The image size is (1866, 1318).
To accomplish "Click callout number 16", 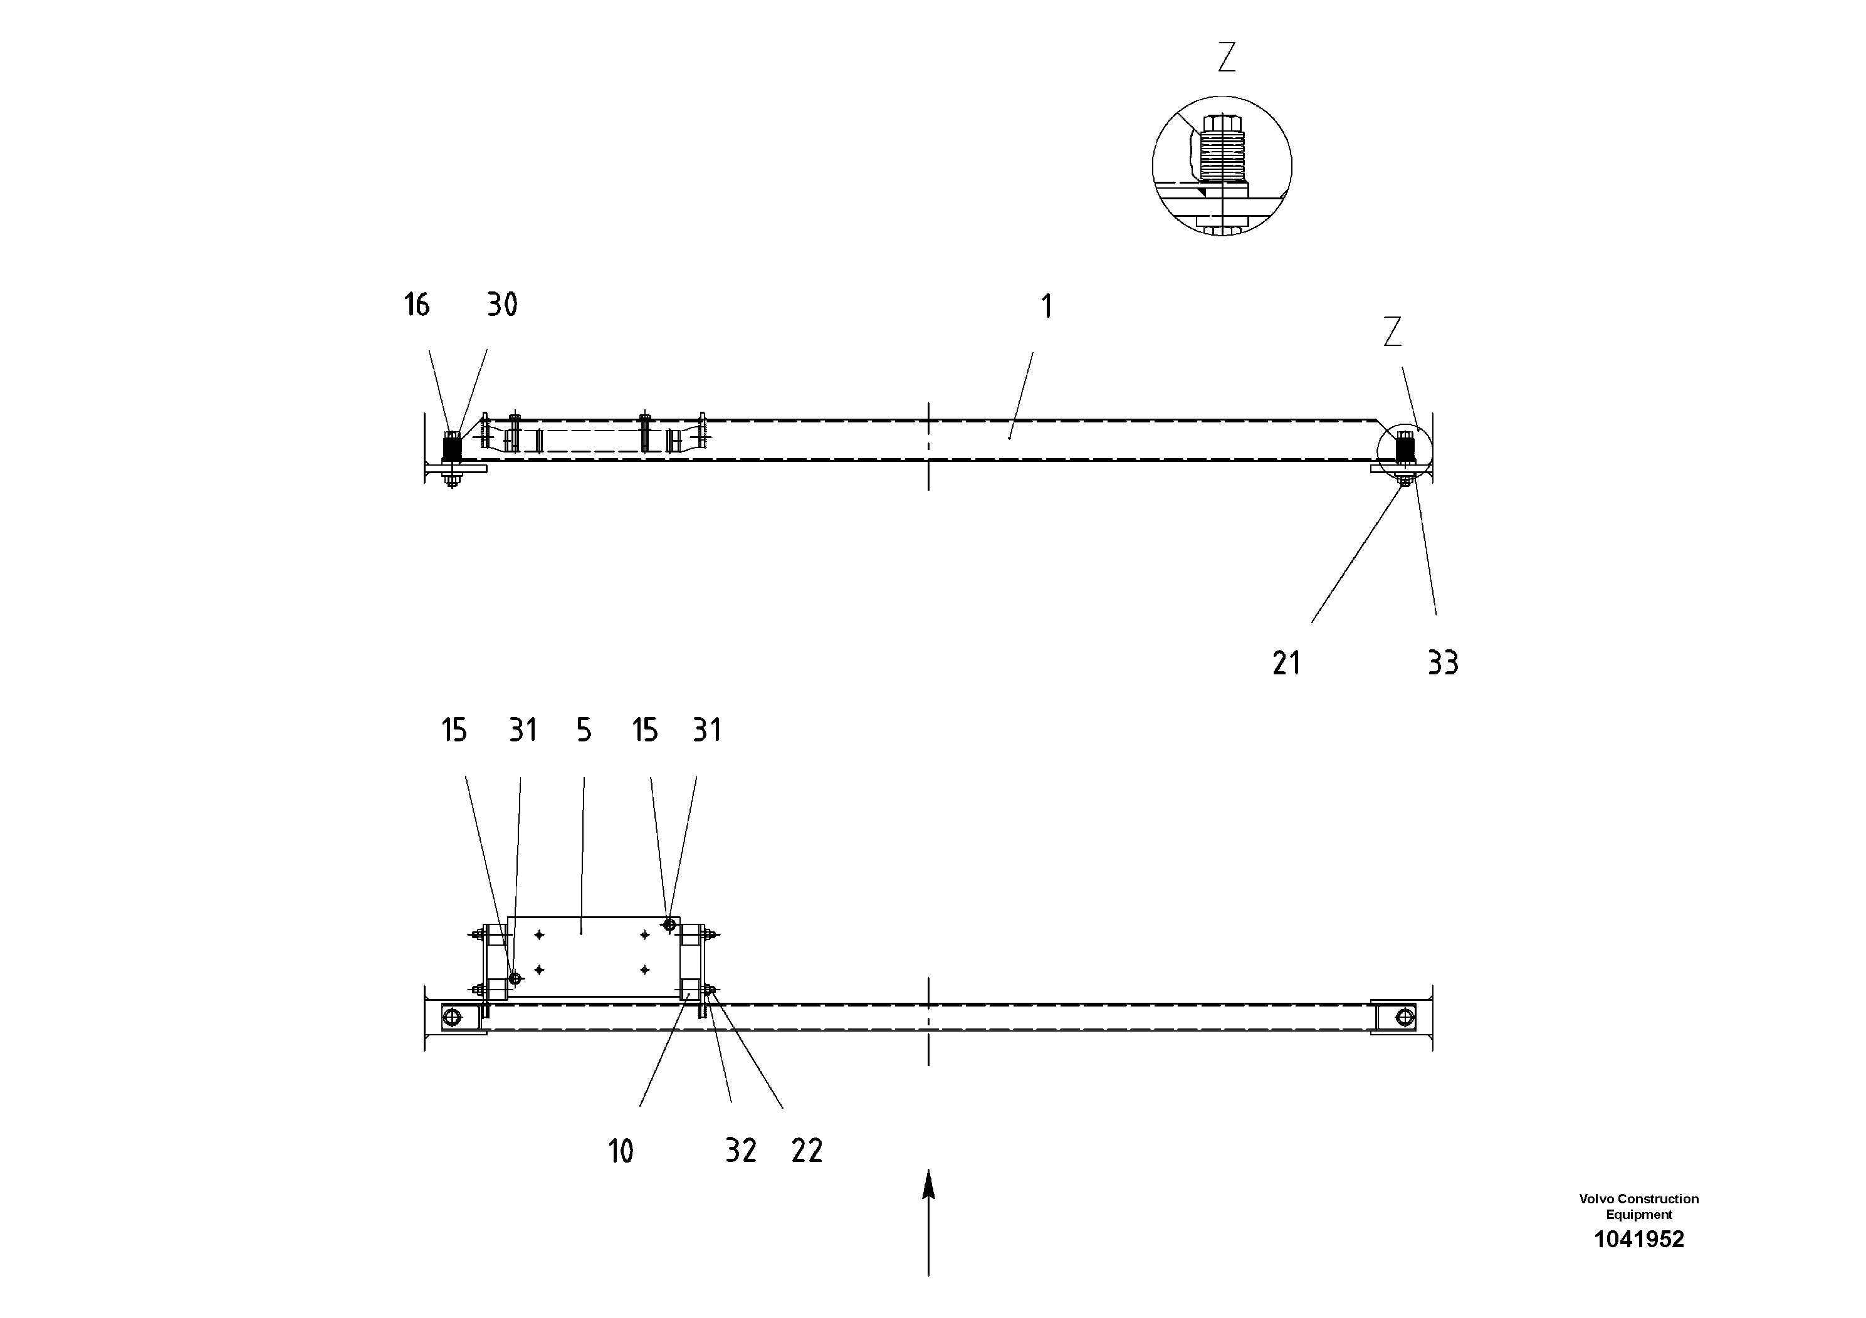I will pyautogui.click(x=416, y=306).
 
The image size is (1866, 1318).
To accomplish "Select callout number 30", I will pyautogui.click(x=502, y=306).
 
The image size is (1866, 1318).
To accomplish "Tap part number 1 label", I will pyautogui.click(x=1047, y=307).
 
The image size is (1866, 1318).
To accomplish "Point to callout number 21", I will pyautogui.click(x=1287, y=664).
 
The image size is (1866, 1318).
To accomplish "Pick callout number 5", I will pyautogui.click(x=584, y=731).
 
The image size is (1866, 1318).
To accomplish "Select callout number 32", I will pyautogui.click(x=740, y=1151).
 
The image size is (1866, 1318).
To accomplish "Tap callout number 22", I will pyautogui.click(x=807, y=1151).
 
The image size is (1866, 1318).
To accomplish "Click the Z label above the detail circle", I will pyautogui.click(x=1227, y=58).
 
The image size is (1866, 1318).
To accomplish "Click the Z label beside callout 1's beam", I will pyautogui.click(x=1392, y=332).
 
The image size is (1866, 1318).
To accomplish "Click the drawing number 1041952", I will pyautogui.click(x=1638, y=1239).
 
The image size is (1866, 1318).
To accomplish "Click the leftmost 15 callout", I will pyautogui.click(x=454, y=731).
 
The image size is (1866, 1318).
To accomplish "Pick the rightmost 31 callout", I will pyautogui.click(x=706, y=731).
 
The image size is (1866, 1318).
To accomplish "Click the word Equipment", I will pyautogui.click(x=1638, y=1215).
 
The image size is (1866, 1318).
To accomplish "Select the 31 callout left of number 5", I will pyautogui.click(x=523, y=731).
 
